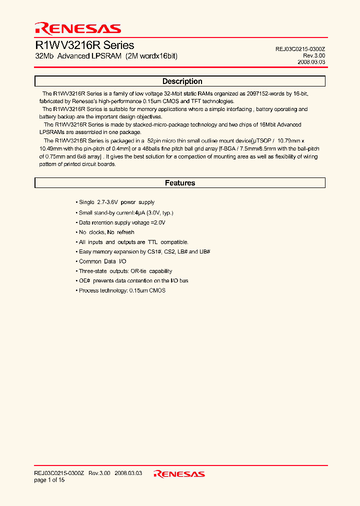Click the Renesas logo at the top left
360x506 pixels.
point(77,28)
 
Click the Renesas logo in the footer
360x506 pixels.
point(179,473)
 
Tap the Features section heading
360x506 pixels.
point(180,183)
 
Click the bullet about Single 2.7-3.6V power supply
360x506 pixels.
point(116,202)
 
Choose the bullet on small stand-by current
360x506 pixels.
point(126,212)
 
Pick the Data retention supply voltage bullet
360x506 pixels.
point(122,222)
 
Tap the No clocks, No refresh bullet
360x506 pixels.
point(106,232)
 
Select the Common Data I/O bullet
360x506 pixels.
point(102,261)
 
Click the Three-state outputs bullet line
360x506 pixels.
point(125,271)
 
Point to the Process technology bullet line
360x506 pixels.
point(122,290)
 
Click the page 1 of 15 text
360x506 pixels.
point(49,480)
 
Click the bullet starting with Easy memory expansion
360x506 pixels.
point(138,251)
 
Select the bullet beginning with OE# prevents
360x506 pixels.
point(133,281)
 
